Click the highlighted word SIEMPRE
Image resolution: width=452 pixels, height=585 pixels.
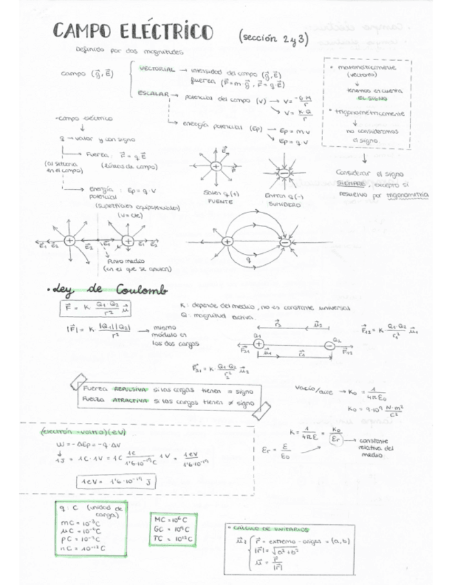351,184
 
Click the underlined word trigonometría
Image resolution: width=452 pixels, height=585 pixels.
407,195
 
